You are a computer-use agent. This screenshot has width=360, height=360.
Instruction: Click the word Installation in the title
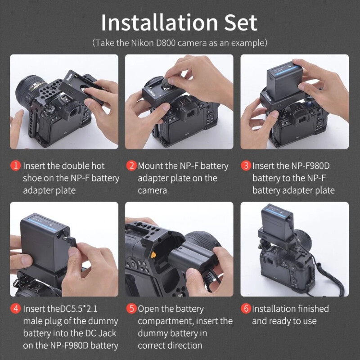click(x=160, y=22)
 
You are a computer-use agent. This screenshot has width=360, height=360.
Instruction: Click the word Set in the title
click(x=241, y=22)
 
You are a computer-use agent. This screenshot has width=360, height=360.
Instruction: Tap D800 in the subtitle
click(x=166, y=43)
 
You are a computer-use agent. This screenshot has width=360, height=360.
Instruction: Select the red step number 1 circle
click(x=16, y=166)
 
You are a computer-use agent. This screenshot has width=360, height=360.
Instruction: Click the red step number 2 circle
click(x=131, y=166)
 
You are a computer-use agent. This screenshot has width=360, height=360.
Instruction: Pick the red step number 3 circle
click(x=246, y=166)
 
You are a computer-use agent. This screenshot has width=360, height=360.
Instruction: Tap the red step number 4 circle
click(x=16, y=308)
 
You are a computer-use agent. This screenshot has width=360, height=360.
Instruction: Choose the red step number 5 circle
click(x=131, y=308)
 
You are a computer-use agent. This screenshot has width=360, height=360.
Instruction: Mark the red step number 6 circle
click(x=246, y=308)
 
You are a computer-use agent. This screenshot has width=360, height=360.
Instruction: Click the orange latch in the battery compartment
click(x=153, y=255)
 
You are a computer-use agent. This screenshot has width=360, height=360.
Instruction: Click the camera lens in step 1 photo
click(x=30, y=90)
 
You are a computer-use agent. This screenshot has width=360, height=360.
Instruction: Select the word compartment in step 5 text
click(x=166, y=321)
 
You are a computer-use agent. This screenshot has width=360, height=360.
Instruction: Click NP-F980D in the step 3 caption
click(x=310, y=166)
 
